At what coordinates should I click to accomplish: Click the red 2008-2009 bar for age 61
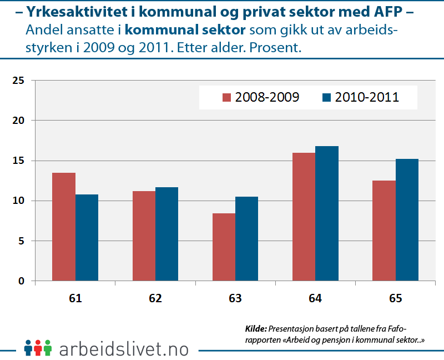click(64, 227)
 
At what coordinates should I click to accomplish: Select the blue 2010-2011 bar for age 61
click(87, 237)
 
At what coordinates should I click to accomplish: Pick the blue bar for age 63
click(246, 238)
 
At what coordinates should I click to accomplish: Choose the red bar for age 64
click(304, 217)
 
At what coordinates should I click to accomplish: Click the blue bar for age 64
click(326, 213)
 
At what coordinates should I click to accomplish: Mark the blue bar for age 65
click(406, 219)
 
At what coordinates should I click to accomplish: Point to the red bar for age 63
click(224, 247)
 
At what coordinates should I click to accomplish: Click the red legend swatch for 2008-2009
click(226, 98)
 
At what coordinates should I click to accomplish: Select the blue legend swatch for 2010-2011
click(326, 98)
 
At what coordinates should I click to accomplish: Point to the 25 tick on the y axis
click(19, 81)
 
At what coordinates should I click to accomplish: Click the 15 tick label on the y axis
click(19, 161)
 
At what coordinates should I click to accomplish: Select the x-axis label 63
click(235, 298)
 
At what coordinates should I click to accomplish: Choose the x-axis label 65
click(395, 298)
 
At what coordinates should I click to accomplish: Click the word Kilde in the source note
click(256, 328)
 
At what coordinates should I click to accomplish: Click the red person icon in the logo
click(38, 348)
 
